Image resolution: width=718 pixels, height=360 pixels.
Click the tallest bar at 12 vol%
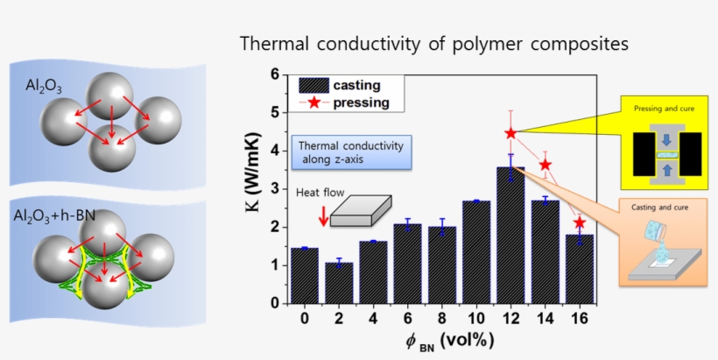[x=510, y=235]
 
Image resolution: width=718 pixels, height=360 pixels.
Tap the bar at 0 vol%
[x=304, y=275]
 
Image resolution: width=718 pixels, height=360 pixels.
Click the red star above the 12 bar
[x=511, y=133]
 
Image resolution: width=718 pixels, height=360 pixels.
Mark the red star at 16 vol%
[x=580, y=222]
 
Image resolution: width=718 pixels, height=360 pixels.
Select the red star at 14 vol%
[x=546, y=165]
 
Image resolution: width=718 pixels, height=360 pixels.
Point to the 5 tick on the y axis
[x=275, y=113]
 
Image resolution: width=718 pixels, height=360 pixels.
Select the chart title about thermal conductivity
[x=433, y=43]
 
